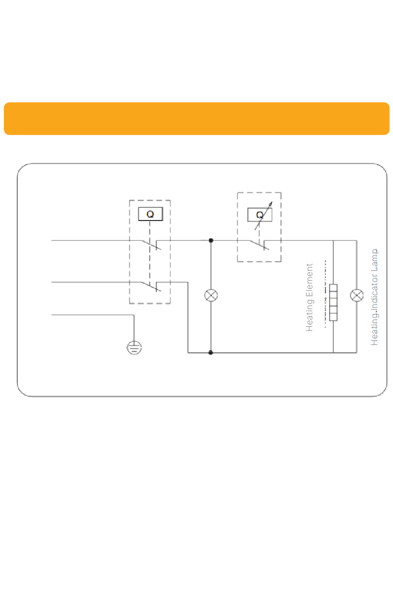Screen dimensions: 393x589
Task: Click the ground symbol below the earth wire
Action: click(134, 348)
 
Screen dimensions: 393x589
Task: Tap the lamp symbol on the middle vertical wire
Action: click(211, 295)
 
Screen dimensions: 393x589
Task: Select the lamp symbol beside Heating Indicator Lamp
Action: click(357, 295)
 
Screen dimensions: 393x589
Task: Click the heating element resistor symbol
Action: click(333, 302)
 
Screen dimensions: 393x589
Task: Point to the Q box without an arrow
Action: click(150, 214)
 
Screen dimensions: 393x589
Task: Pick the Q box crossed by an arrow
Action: click(260, 215)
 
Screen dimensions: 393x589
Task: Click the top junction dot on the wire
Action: click(211, 240)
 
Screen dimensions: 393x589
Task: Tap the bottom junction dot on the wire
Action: click(211, 353)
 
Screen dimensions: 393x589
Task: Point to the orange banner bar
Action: click(196, 119)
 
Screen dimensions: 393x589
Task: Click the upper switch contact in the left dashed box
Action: click(151, 245)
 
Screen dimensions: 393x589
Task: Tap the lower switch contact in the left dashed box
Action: click(151, 287)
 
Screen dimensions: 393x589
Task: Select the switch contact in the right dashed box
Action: click(259, 245)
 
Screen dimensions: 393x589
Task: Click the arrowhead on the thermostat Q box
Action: click(271, 204)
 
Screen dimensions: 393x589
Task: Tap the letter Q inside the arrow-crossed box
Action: click(260, 215)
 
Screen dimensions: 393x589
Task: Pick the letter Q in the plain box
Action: click(150, 214)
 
